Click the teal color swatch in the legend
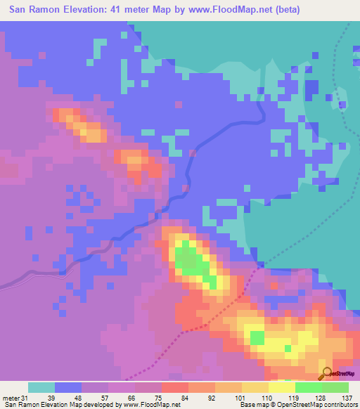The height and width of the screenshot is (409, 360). coord(41,387)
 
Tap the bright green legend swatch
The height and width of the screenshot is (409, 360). coord(309,387)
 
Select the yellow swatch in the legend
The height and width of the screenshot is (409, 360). coord(282,387)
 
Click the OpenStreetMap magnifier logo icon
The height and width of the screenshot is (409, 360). coord(326,374)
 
